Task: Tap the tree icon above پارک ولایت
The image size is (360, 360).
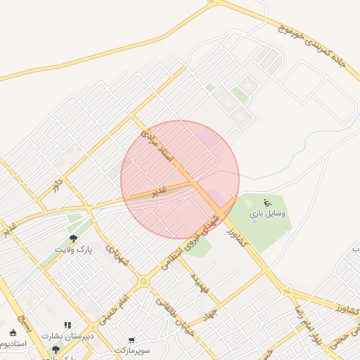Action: pyautogui.click(x=73, y=238)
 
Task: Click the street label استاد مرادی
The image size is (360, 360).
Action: pyautogui.click(x=157, y=147)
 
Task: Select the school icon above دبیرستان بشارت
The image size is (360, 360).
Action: pyautogui.click(x=68, y=326)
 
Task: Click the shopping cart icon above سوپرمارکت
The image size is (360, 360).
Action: pyautogui.click(x=131, y=339)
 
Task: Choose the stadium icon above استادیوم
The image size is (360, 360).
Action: pyautogui.click(x=13, y=333)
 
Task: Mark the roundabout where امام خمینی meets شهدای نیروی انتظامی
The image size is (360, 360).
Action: pyautogui.click(x=143, y=281)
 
